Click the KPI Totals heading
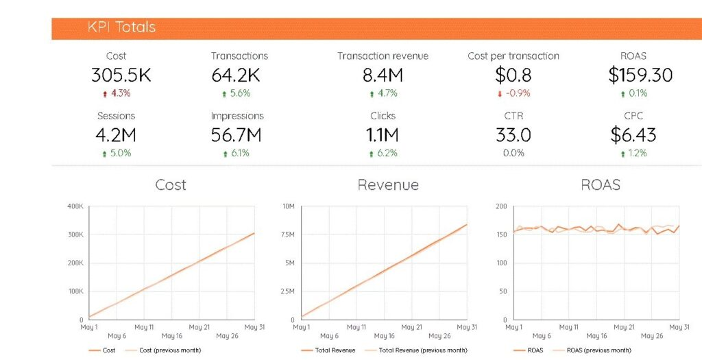[x=121, y=27]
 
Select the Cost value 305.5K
[x=121, y=75]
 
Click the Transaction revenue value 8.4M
[x=383, y=75]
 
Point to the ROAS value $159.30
[x=640, y=75]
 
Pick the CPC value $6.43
[x=633, y=135]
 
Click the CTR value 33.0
[x=513, y=135]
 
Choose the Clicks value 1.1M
[x=383, y=135]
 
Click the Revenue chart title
[x=388, y=185]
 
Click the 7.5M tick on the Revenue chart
[x=287, y=235]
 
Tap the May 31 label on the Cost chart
[x=254, y=327]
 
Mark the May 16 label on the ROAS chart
[x=596, y=336]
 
